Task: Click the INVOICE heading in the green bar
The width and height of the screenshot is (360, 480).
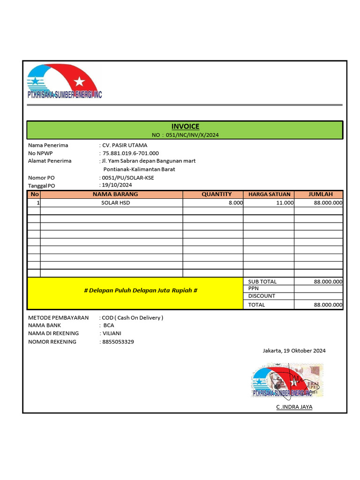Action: (185, 126)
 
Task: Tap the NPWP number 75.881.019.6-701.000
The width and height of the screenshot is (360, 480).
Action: (131, 153)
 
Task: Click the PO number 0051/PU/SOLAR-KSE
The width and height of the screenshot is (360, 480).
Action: (128, 178)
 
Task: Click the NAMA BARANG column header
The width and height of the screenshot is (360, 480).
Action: (115, 194)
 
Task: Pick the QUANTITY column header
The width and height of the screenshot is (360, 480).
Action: (216, 194)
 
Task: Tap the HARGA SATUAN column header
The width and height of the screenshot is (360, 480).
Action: (269, 194)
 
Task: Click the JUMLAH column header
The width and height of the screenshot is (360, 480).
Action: (320, 194)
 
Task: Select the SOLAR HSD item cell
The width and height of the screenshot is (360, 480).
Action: (115, 203)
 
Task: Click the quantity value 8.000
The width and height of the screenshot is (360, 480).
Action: (235, 203)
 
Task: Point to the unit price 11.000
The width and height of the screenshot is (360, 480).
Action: (285, 203)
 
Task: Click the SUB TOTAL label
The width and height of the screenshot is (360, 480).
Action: (262, 282)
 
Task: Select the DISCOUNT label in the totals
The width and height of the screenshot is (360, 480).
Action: (262, 296)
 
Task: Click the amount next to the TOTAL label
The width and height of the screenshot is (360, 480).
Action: (328, 305)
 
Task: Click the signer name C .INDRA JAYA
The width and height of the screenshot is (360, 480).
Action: (294, 407)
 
